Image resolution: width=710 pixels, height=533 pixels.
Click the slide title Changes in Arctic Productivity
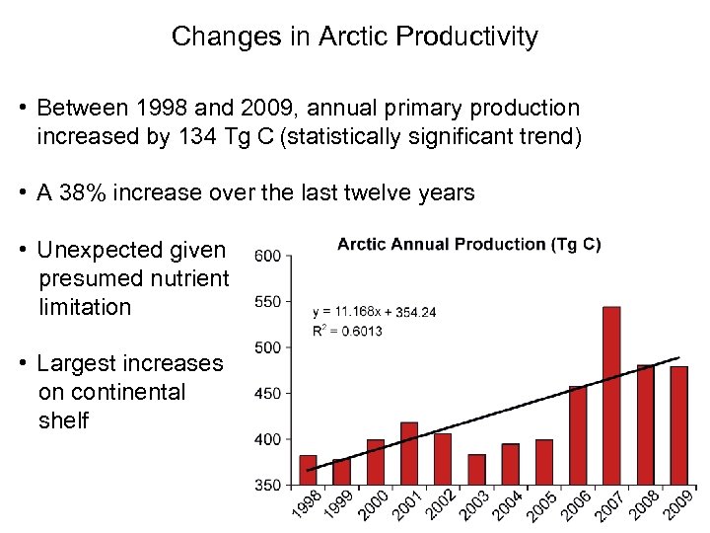tap(355, 38)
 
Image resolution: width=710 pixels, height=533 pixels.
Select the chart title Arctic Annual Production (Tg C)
tap(468, 244)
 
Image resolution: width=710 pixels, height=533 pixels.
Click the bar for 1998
tap(308, 470)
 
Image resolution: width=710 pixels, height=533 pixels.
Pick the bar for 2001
tap(409, 453)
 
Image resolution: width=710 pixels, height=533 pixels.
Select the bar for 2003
tap(477, 469)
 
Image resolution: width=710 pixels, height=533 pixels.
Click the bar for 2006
tap(578, 435)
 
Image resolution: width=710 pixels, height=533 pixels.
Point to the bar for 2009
tap(678, 425)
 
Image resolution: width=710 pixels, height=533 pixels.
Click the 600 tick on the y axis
tap(268, 257)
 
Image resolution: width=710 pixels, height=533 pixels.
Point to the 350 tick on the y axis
tap(268, 485)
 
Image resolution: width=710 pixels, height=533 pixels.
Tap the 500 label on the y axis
tap(268, 347)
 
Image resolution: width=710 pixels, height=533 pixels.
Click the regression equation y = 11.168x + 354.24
tap(375, 312)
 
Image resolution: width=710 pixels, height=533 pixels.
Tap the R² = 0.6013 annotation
tap(347, 331)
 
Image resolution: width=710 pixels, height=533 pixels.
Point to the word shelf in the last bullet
tap(63, 420)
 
